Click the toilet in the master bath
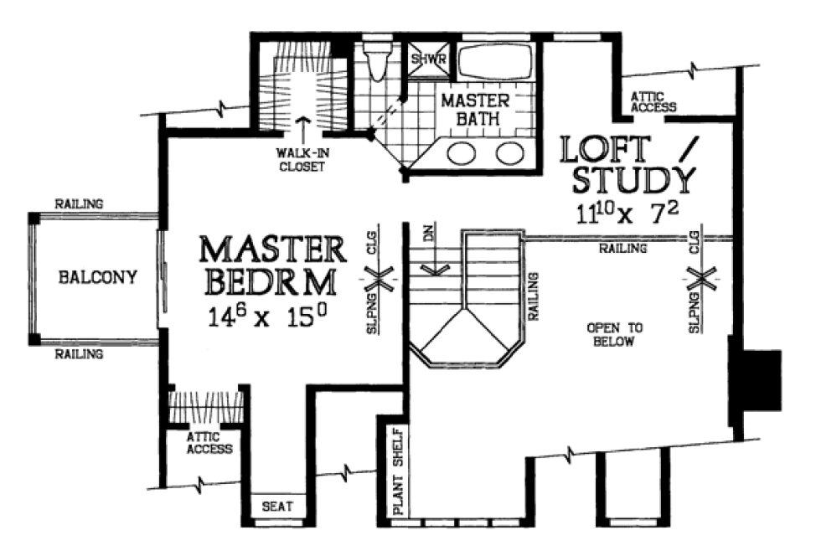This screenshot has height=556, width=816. (378, 61)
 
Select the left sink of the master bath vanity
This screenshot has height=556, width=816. (461, 153)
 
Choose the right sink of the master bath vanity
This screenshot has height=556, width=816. (508, 153)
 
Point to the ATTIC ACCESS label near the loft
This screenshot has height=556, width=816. (653, 102)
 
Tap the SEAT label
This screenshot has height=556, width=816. (277, 507)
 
